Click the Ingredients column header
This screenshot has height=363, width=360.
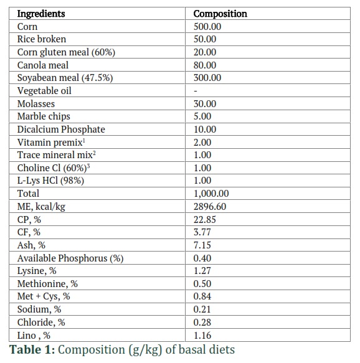pos(41,14)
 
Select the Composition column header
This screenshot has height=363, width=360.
pos(220,14)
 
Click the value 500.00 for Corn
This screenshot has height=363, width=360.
pos(207,27)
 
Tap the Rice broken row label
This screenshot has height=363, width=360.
pos(42,39)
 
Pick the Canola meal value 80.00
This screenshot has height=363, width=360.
pos(205,65)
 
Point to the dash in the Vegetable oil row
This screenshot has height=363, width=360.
pos(196,91)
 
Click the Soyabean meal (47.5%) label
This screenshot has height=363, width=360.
pos(65,78)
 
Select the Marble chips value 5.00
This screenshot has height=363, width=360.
pos(202,116)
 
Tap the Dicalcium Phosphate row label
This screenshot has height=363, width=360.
pos(61,130)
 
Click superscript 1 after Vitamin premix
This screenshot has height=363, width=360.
pos(84,141)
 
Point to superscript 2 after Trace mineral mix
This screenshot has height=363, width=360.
pos(94,153)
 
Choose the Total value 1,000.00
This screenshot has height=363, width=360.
pos(211,194)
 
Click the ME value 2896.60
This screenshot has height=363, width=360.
pos(210,207)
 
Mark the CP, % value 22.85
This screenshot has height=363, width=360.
pos(205,219)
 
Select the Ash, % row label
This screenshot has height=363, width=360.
pos(31,245)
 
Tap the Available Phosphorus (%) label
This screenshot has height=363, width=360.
pos(70,258)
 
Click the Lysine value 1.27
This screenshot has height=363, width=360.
pos(202,271)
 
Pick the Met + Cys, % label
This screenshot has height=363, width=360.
pos(44,296)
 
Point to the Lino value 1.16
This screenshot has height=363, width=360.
pos(202,336)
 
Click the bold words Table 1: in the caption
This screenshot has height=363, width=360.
pos(32,349)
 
